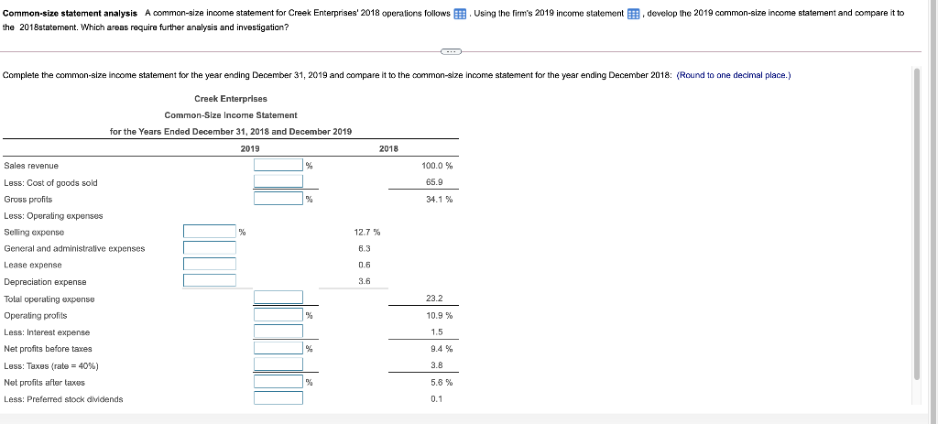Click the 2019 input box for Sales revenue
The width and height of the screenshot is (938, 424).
[278, 165]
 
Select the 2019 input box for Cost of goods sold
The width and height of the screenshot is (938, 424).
[278, 181]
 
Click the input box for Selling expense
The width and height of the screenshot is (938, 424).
[209, 232]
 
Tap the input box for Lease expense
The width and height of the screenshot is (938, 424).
[209, 265]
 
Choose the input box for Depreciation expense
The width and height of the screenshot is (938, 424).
[209, 281]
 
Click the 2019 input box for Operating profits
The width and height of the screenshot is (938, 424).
[278, 315]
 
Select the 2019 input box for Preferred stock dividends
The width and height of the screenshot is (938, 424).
[278, 398]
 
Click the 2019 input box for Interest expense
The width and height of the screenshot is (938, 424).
[278, 332]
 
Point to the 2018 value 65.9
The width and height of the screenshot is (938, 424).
[436, 182]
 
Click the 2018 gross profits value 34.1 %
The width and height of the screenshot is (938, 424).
[439, 199]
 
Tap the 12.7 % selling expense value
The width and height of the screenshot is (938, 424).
[367, 233]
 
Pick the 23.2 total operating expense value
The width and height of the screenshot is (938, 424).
[435, 299]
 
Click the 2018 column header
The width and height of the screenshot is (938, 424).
[388, 148]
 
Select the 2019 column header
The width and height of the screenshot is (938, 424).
[249, 148]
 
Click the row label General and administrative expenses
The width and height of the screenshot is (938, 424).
[74, 248]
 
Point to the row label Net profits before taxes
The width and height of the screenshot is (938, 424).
[48, 349]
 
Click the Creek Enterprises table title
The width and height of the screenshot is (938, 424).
[231, 98]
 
